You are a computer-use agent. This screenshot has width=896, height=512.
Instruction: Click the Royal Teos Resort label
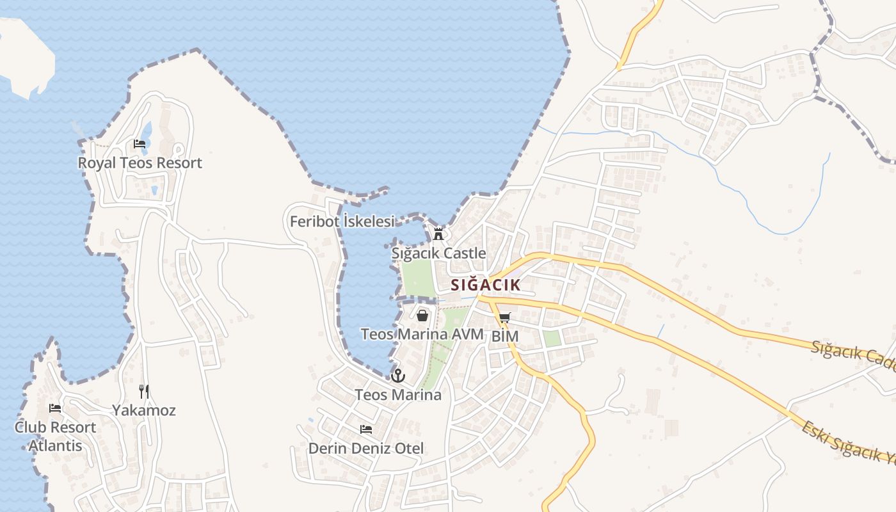(x=140, y=163)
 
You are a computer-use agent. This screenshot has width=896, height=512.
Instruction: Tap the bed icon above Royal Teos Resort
(x=140, y=143)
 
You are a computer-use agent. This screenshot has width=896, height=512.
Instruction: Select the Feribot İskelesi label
(x=342, y=221)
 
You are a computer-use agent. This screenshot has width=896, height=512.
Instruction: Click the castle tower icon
(x=438, y=234)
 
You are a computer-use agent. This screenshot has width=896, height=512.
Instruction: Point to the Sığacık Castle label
(x=439, y=253)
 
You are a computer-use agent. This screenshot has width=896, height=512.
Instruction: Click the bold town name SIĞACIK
(x=484, y=285)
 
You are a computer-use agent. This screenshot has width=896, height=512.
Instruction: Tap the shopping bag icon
(x=422, y=315)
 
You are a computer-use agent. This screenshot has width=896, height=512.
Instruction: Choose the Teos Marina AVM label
(x=422, y=334)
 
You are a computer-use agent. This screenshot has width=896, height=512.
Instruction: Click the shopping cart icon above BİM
(x=504, y=317)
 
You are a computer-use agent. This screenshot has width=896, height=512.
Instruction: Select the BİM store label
(x=504, y=336)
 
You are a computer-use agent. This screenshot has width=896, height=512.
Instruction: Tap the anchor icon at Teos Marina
(x=398, y=376)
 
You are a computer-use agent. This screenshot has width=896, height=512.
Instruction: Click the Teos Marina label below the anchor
(x=398, y=395)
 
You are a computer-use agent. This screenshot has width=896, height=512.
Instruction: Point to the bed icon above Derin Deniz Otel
(x=366, y=429)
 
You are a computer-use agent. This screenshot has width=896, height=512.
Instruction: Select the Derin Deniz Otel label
(x=366, y=449)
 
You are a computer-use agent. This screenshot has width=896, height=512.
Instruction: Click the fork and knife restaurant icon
(x=144, y=391)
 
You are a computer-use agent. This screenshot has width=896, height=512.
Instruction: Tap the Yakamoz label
(x=144, y=410)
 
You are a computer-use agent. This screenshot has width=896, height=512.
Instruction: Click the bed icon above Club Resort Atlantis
(x=55, y=408)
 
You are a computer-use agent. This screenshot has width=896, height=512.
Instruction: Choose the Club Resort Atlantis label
(x=55, y=436)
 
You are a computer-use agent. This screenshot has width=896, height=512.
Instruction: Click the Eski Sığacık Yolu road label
(x=848, y=442)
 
